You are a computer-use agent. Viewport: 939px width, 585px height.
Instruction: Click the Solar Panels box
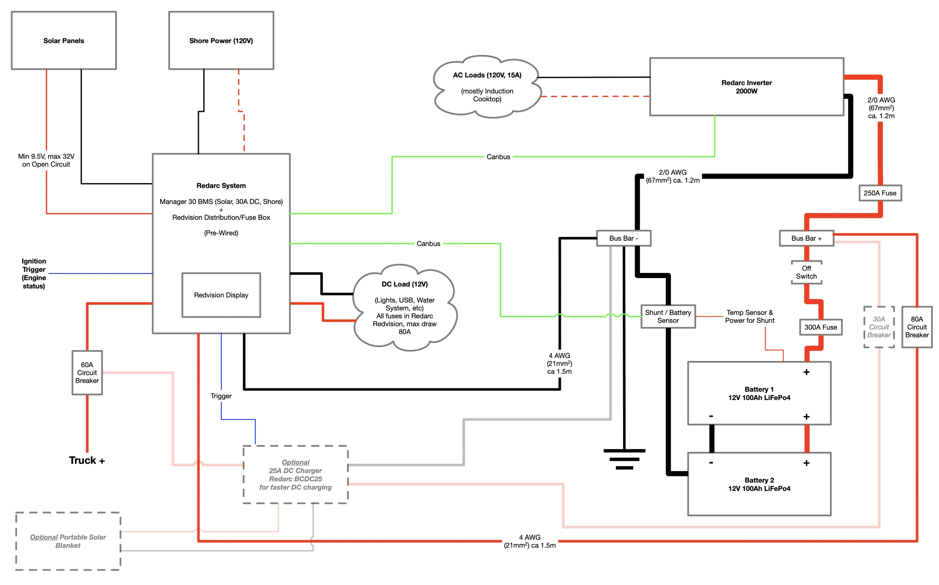point(64,40)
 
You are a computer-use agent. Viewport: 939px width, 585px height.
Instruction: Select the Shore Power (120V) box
point(221,40)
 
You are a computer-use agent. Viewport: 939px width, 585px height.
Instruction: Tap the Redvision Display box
point(221,295)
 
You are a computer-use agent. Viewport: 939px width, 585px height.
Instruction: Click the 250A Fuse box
point(880,193)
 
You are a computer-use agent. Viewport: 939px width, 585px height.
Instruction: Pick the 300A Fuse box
point(821,327)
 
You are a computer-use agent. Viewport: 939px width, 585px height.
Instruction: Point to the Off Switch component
point(806,272)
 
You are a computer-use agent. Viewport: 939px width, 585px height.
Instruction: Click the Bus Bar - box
point(624,238)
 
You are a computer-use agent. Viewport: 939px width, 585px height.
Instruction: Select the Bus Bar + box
point(806,238)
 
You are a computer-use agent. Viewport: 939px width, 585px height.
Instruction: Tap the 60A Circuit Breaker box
point(87,372)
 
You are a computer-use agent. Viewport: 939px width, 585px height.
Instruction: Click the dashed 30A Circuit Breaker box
point(879,327)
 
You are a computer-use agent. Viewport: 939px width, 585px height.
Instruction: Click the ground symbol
point(624,459)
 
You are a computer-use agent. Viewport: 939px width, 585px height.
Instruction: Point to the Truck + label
point(87,460)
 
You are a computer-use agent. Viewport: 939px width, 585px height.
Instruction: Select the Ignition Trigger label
point(34,274)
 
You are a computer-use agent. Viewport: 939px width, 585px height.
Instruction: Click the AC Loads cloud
point(487,87)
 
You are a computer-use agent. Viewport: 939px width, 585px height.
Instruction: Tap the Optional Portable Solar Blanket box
point(68,541)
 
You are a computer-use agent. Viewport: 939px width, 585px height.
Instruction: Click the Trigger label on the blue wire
point(221,396)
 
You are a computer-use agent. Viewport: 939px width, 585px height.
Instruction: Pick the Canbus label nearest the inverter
point(498,157)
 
